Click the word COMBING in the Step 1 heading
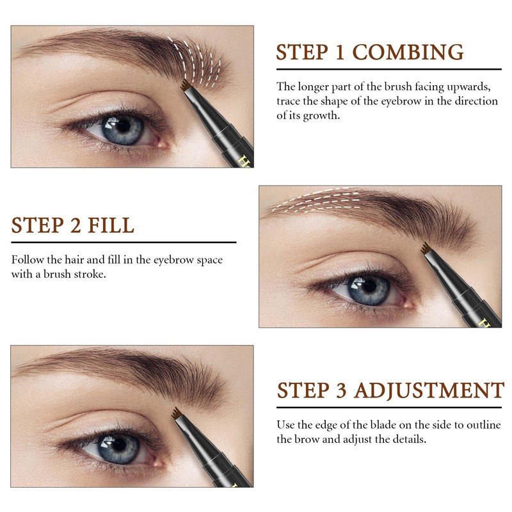click(x=408, y=52)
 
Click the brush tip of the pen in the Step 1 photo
click(x=186, y=84)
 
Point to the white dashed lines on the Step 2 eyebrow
click(x=314, y=200)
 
